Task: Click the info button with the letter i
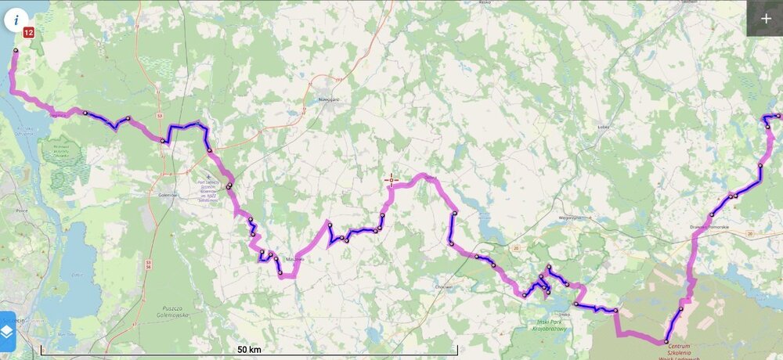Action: pos(16,19)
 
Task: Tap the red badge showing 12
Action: pos(29,33)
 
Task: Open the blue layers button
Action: pos(7,332)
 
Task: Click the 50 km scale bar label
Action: pos(248,348)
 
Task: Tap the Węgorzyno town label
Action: pos(571,218)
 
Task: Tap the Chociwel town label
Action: pos(443,286)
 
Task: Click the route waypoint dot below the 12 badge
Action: pos(16,50)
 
